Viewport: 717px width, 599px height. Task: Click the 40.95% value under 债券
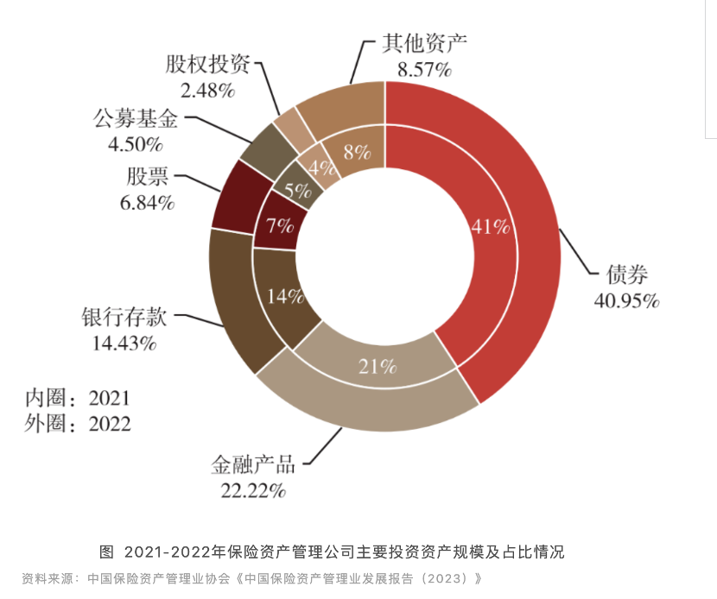click(626, 300)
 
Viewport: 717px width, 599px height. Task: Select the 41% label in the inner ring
click(491, 227)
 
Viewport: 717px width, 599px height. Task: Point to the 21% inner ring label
click(378, 366)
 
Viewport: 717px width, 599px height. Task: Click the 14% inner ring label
click(285, 296)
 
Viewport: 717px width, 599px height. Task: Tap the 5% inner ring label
click(298, 191)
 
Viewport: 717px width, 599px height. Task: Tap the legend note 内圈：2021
click(77, 398)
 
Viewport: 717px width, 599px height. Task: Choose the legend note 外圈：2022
click(77, 423)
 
